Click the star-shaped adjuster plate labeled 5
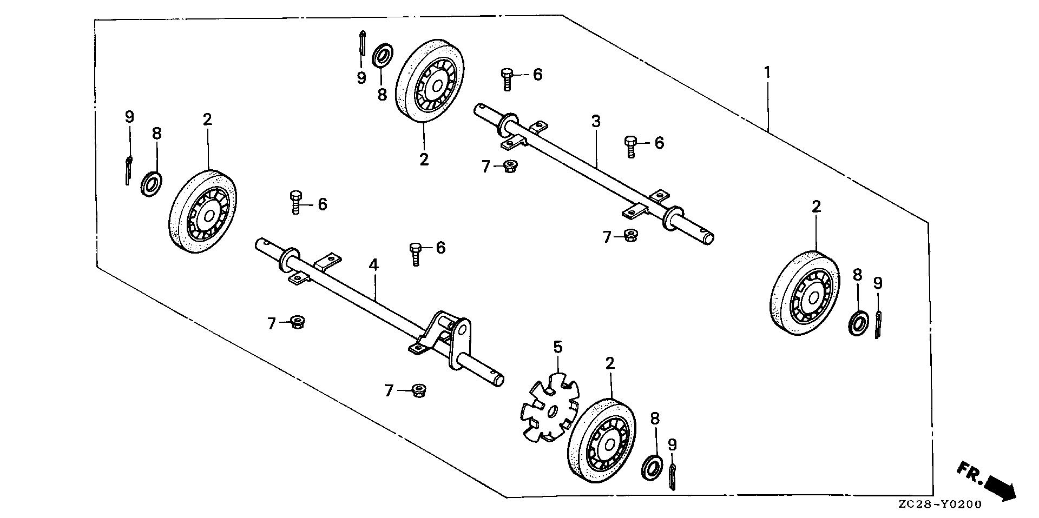coord(549,406)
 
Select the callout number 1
coord(767,72)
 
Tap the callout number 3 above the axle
coord(596,122)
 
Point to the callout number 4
coord(373,265)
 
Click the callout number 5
coord(558,346)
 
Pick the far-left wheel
coord(203,211)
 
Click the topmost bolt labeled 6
coord(507,78)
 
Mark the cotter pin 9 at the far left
coord(127,170)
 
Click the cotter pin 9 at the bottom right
coord(673,476)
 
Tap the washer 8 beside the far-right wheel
coord(857,323)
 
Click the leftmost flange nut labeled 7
coord(296,323)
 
